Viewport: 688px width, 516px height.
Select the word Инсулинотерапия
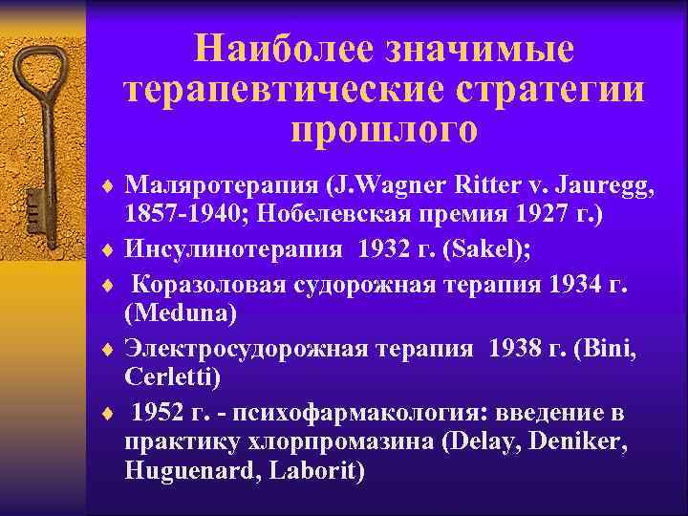pyautogui.click(x=233, y=249)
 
